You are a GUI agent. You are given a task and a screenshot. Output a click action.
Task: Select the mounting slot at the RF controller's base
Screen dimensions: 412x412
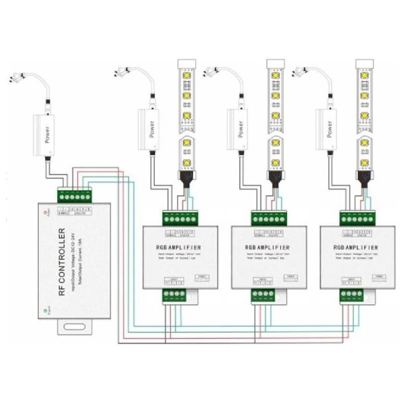pyautogui.click(x=76, y=328)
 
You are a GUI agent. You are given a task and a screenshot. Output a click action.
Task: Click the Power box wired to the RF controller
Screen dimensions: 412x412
pyautogui.click(x=49, y=134)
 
